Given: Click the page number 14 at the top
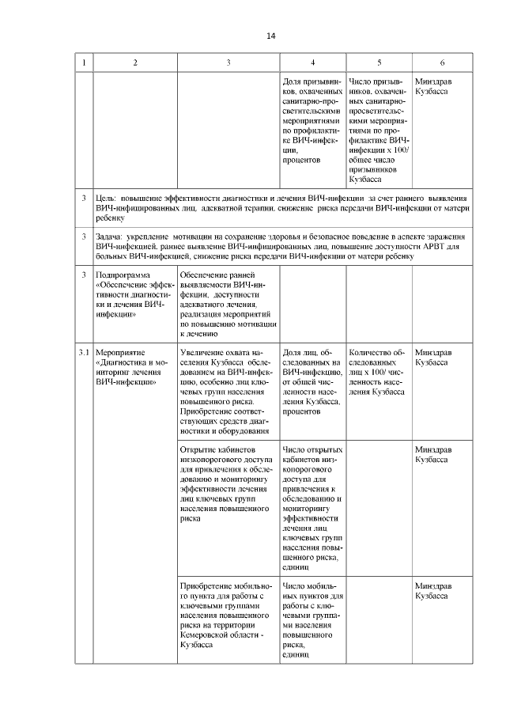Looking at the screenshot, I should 270,36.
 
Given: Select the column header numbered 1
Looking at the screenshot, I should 84,63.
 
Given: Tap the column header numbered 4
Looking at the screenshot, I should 313,63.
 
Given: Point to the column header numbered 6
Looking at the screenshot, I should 441,63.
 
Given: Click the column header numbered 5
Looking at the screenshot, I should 379,63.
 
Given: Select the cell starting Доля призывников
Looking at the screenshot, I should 313,119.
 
